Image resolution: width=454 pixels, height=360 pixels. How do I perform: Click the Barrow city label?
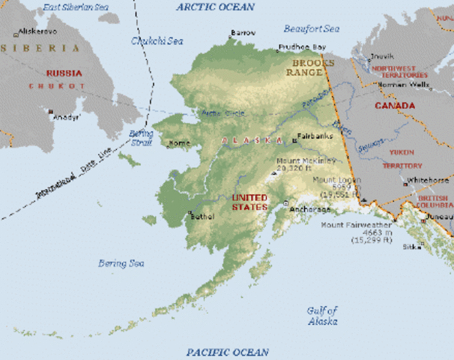tap(243, 33)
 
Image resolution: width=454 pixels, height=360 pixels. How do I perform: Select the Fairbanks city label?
tap(315, 136)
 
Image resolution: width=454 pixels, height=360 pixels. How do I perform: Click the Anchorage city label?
tap(309, 209)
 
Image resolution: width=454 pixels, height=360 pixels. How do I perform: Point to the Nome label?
tap(181, 142)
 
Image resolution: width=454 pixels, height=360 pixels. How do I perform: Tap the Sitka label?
tap(413, 246)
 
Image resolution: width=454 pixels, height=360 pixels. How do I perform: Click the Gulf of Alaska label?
tap(323, 315)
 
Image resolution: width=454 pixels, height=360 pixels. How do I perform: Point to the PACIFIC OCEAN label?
tap(227, 351)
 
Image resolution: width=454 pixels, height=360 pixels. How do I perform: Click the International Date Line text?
tap(68, 183)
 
